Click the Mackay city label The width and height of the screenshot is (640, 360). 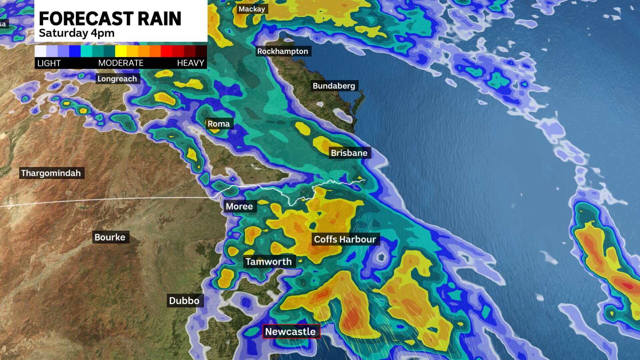click(252, 9)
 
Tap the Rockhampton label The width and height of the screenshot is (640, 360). click(283, 51)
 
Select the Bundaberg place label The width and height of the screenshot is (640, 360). click(334, 86)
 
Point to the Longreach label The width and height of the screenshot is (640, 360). click(117, 79)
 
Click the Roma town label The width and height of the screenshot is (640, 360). click(219, 124)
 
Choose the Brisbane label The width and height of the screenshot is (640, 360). click(349, 153)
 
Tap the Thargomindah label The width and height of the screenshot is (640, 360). click(51, 173)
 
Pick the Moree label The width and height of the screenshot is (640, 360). click(239, 206)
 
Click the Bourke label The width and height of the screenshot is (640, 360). click(110, 237)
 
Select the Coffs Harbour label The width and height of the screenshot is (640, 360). click(345, 239)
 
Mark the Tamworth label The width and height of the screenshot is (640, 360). click(269, 262)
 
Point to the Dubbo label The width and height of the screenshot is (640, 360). click(184, 301)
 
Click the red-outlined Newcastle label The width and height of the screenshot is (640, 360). click(291, 332)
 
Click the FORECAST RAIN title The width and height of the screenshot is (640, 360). click(110, 19)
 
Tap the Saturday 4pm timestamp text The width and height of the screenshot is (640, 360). click(77, 33)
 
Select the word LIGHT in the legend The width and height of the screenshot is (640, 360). click(49, 63)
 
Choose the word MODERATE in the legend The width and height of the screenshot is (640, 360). click(121, 63)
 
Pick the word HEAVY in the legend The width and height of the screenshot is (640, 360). click(190, 63)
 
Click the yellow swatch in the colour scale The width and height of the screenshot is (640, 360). click(121, 51)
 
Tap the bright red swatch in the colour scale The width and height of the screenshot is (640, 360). click(166, 51)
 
